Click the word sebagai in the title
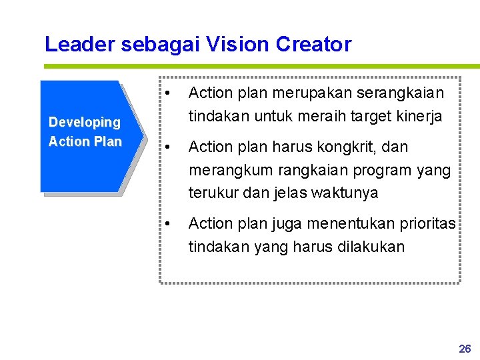point(161,44)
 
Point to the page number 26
point(465,349)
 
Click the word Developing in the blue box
point(85,122)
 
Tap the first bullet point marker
point(171,93)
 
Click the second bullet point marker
point(171,147)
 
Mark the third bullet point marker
point(171,223)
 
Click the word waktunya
point(346,193)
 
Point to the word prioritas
point(426,223)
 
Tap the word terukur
point(211,193)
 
